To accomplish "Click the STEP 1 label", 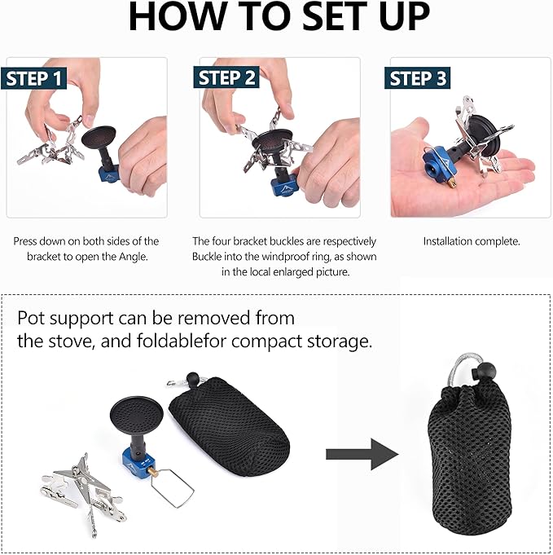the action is point(34,78).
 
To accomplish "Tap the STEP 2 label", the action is point(226,77).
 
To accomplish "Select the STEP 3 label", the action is point(418,78).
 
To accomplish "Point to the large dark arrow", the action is point(362,454).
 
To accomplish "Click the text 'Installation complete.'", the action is point(472,241).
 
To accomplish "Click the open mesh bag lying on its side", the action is point(229,418).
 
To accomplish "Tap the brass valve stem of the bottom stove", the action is point(153,472).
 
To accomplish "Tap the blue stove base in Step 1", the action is point(110,173).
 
